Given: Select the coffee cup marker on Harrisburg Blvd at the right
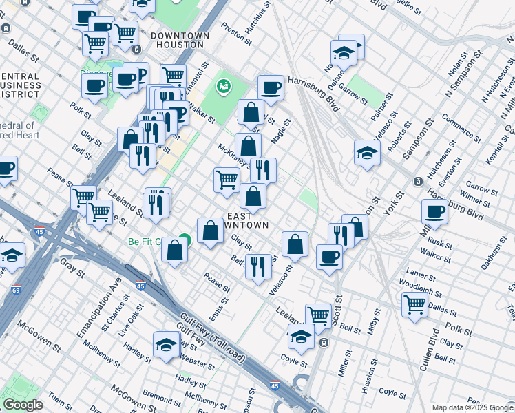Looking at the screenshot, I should pyautogui.click(x=434, y=213).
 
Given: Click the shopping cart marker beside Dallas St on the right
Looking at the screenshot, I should pyautogui.click(x=414, y=304).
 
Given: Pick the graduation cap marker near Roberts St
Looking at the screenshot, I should pyautogui.click(x=367, y=153).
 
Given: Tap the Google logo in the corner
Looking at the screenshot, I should pyautogui.click(x=23, y=405).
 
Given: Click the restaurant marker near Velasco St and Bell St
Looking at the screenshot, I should pyautogui.click(x=258, y=266).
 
